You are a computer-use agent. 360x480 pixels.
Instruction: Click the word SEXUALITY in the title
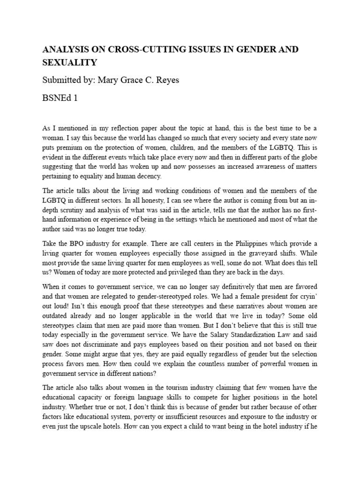[x=70, y=62]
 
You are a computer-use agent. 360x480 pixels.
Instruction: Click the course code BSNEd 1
[x=60, y=98]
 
